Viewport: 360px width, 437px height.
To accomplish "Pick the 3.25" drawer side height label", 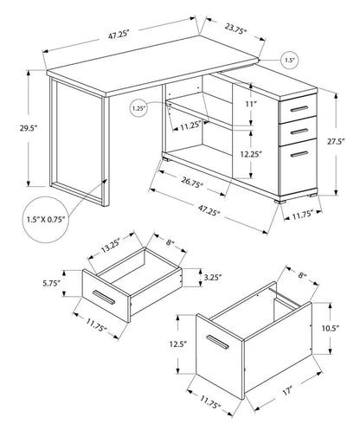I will pos(204,279).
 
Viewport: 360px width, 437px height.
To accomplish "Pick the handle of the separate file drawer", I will pos(218,350).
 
